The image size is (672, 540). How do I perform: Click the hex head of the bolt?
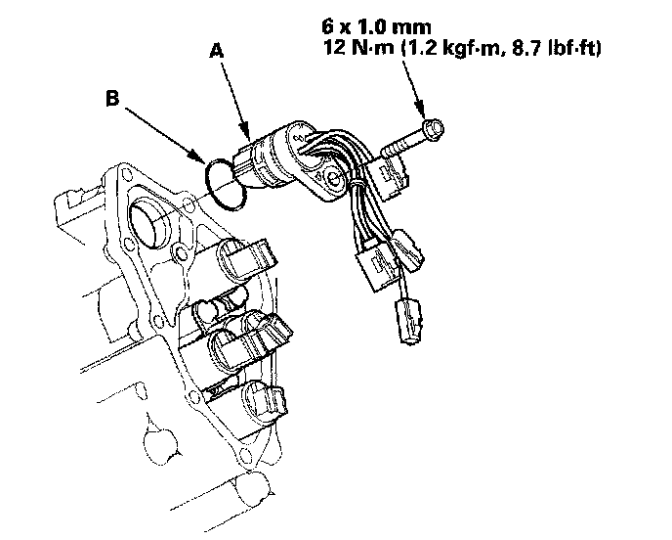[433, 127]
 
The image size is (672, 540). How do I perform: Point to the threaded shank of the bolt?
[397, 145]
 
